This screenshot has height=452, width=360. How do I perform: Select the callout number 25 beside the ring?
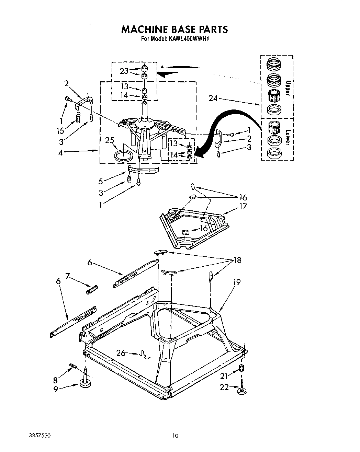tap(110, 140)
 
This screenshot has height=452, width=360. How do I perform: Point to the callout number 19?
tap(237, 282)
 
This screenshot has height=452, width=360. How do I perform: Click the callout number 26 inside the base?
tap(121, 352)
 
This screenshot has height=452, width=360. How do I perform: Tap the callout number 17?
tap(243, 206)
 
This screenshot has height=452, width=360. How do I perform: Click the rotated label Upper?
tap(288, 88)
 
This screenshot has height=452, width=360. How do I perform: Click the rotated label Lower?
tap(288, 136)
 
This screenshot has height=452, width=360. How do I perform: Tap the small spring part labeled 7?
tap(92, 289)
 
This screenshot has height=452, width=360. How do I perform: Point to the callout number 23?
tap(124, 71)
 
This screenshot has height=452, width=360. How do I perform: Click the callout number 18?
tap(237, 260)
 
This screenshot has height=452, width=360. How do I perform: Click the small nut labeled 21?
tap(241, 369)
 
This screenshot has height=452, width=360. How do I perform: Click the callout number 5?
tap(101, 181)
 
